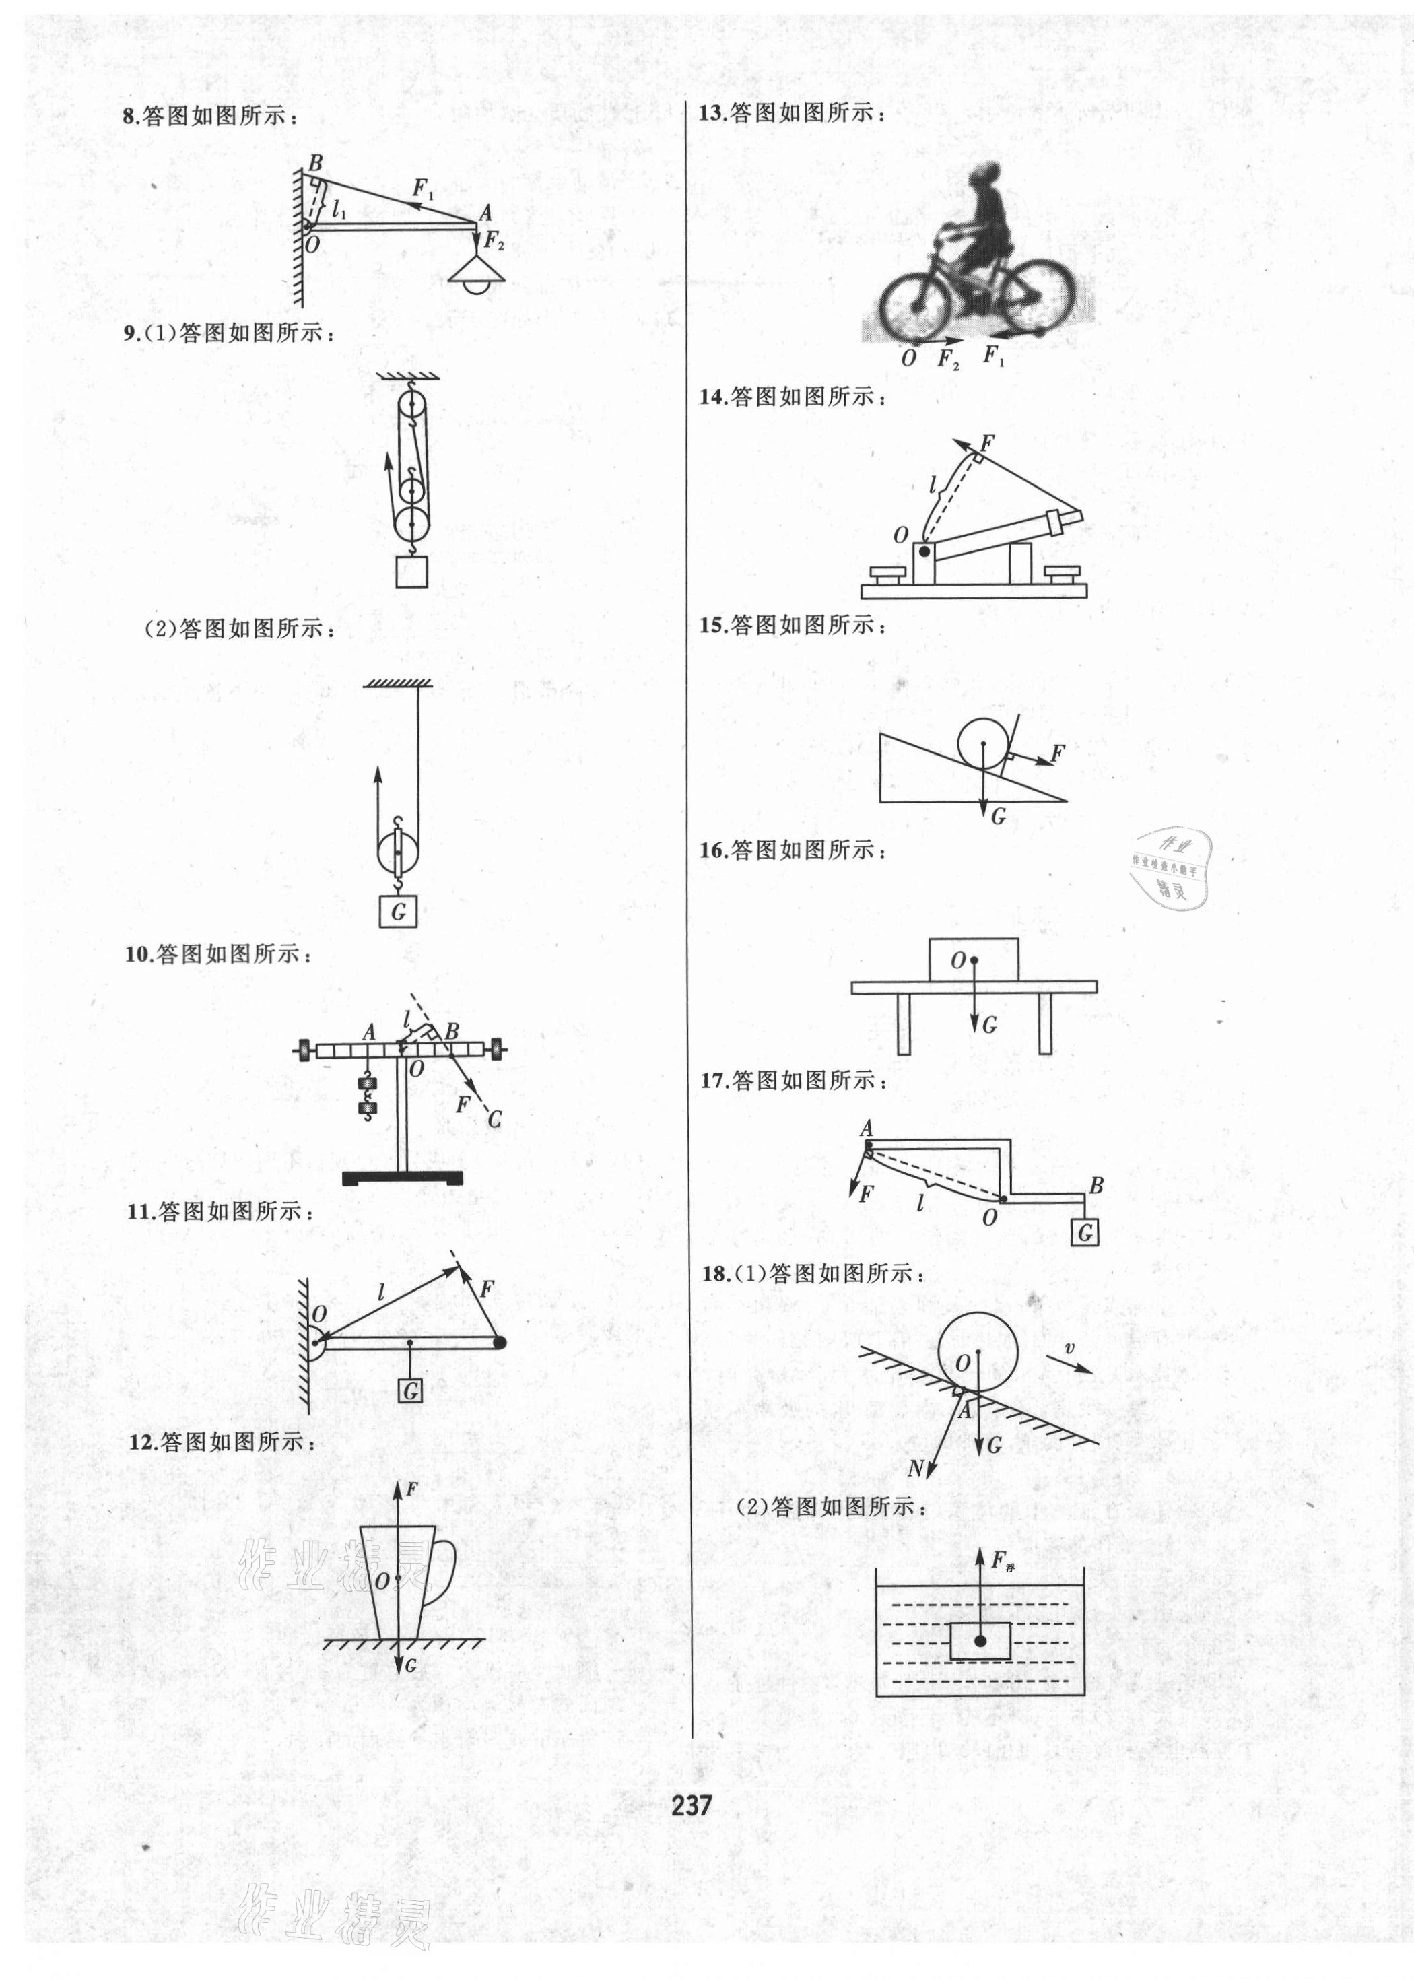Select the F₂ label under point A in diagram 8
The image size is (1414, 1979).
pos(494,241)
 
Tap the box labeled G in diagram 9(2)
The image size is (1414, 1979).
pos(399,912)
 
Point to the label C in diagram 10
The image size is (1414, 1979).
pos(494,1119)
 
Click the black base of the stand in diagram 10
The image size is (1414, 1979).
pos(402,1178)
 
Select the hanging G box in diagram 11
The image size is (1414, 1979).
pos(410,1390)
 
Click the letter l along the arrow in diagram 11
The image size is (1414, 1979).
pos(381,1292)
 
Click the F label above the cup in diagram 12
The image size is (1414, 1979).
pos(412,1489)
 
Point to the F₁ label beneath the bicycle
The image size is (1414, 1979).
pos(992,356)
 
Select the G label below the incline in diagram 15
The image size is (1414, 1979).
pos(998,816)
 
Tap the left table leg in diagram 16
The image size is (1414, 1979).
pos(904,1024)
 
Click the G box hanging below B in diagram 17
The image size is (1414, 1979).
pos(1085,1233)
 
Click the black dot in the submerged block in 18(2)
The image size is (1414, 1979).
pos(980,1640)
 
